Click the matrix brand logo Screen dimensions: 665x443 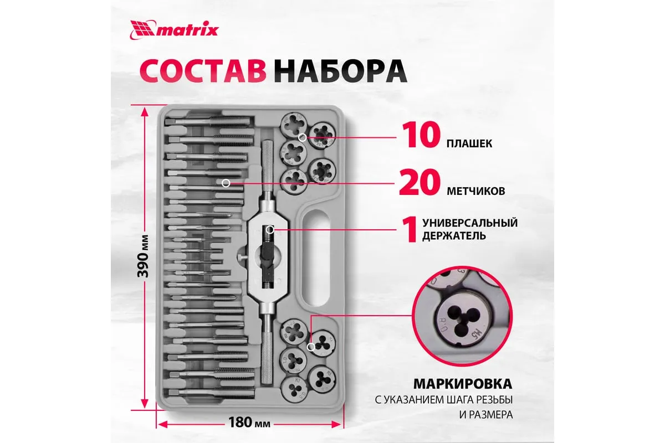[x=174, y=30]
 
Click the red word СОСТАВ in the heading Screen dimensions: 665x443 [x=203, y=72]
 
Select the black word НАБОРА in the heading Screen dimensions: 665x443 [x=340, y=72]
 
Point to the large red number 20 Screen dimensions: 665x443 [x=420, y=183]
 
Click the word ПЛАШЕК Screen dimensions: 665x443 [x=469, y=143]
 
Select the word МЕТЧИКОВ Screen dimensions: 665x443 [x=476, y=191]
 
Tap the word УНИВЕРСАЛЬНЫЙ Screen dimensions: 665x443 [x=470, y=223]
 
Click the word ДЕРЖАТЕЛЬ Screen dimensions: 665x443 [x=454, y=236]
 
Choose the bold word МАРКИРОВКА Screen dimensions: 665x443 [x=463, y=384]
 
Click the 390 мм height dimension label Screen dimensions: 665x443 [x=144, y=256]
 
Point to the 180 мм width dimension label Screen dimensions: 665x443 [x=249, y=422]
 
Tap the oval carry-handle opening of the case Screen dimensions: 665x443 [x=316, y=258]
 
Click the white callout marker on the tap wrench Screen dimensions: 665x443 [x=270, y=229]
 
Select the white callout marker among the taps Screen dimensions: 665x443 [x=226, y=183]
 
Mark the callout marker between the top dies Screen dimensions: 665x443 [x=303, y=137]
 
